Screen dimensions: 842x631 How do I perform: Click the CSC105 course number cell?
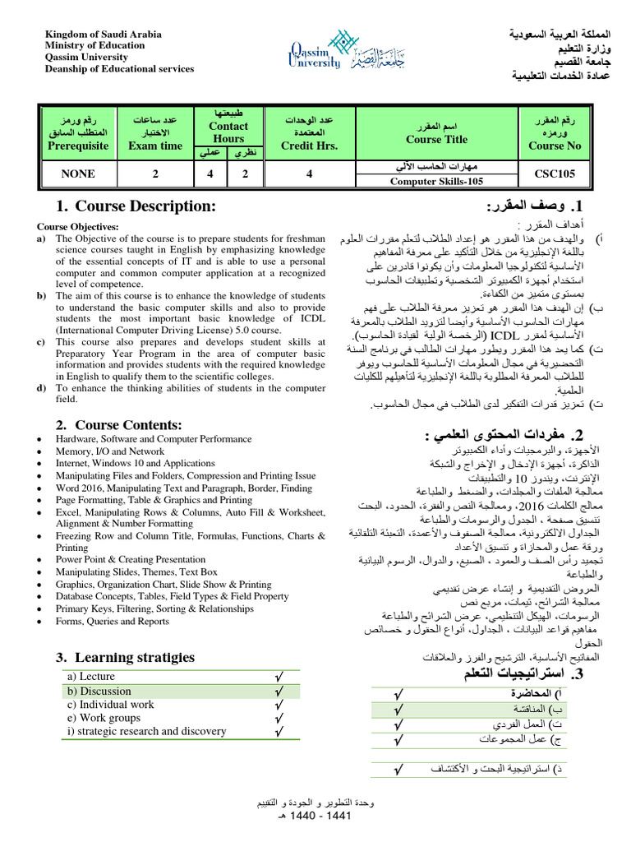[555, 173]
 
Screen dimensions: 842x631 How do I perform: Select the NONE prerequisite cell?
[78, 173]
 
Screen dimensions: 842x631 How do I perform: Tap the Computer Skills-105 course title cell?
[436, 181]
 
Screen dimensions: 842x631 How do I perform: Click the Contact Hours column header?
[228, 132]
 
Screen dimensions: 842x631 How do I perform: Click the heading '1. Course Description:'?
[136, 206]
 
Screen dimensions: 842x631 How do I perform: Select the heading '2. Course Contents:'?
[119, 425]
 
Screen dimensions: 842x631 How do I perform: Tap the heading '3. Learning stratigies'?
[126, 657]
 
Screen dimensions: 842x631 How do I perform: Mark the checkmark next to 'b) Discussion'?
[279, 691]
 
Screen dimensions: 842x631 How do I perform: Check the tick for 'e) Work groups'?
[279, 718]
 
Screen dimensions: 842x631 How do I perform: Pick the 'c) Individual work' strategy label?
[110, 704]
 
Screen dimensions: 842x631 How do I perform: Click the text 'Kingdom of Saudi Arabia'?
[103, 35]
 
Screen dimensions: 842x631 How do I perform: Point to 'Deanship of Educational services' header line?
[119, 69]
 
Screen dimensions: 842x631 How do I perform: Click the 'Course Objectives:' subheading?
[78, 226]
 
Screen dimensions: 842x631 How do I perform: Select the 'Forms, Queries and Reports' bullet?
[113, 622]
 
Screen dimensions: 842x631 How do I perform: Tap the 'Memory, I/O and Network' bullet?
[110, 451]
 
